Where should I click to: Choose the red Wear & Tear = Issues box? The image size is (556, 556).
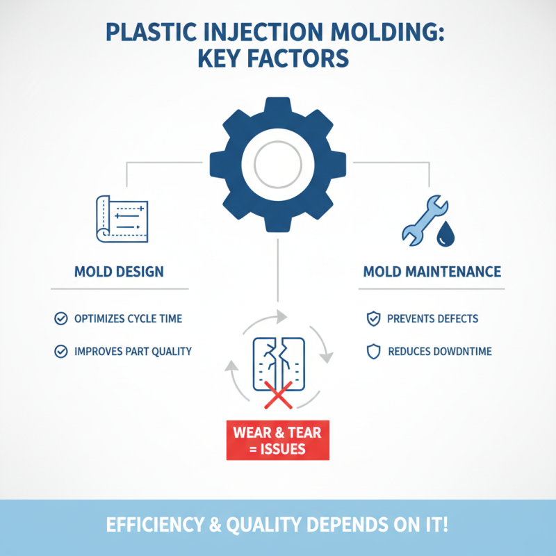pyautogui.click(x=277, y=441)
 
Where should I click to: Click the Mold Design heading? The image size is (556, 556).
pyautogui.click(x=119, y=271)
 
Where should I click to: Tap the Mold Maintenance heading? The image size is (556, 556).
pyautogui.click(x=432, y=271)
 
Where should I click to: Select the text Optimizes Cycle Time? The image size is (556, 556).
pyautogui.click(x=128, y=319)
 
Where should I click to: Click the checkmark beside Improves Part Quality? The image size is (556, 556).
pyautogui.click(x=60, y=352)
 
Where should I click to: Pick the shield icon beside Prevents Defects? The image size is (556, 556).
pyautogui.click(x=373, y=319)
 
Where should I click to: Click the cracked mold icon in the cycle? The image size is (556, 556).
pyautogui.click(x=277, y=365)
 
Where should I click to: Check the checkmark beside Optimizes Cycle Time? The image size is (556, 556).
pyautogui.click(x=60, y=319)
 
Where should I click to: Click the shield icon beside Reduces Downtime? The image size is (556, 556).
pyautogui.click(x=373, y=352)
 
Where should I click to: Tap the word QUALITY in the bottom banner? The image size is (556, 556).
pyautogui.click(x=267, y=525)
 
